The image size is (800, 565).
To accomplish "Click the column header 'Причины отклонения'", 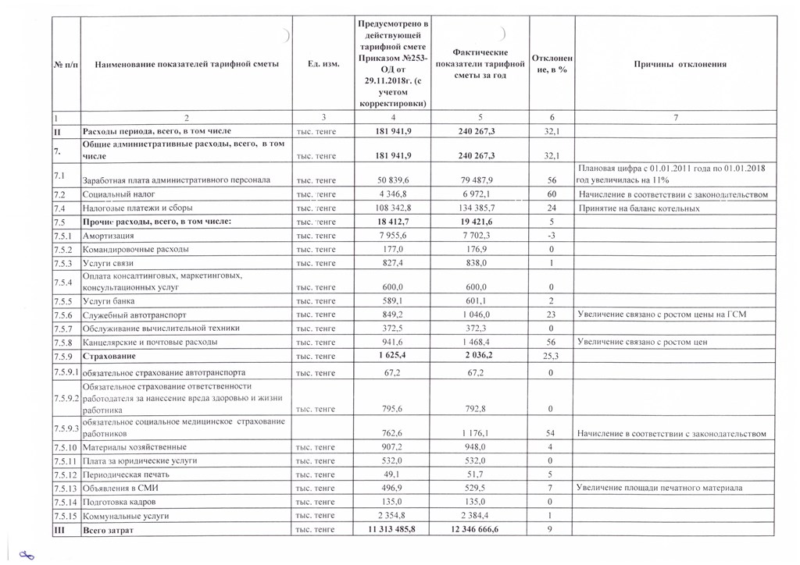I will pos(680,65).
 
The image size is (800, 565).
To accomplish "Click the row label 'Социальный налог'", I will pos(114,194).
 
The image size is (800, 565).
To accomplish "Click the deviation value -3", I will pos(552,236).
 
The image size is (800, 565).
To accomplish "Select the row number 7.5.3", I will pos(63,264).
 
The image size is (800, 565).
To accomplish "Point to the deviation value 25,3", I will pos(552,356).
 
